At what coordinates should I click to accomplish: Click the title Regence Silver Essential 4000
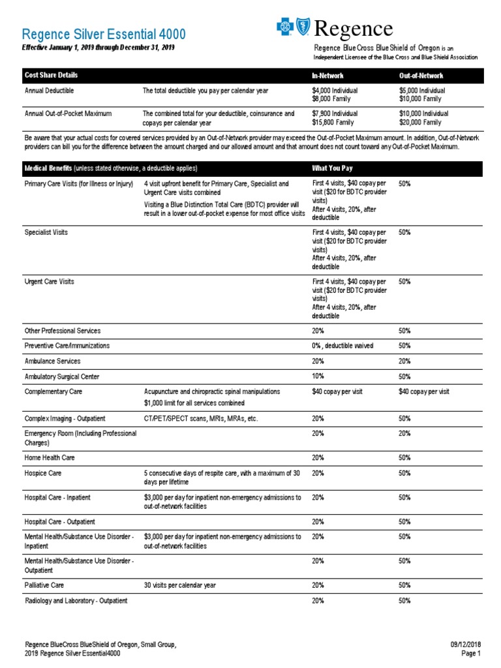pos(104,34)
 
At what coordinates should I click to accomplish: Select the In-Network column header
pos(328,76)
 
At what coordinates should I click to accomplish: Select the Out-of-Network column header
pos(421,76)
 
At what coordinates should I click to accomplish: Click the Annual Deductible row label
pos(50,91)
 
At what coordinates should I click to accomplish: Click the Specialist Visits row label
pos(46,232)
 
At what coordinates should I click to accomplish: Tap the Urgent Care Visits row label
pos(50,282)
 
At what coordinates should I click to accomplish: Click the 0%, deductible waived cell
pos(343,346)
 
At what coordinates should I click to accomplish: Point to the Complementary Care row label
pos(53,392)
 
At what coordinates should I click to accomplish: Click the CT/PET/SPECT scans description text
pos(201,419)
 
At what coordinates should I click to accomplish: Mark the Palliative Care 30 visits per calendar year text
pos(179,586)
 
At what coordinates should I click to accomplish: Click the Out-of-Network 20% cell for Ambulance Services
pos(404,361)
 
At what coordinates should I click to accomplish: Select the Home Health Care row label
pos(50,458)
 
